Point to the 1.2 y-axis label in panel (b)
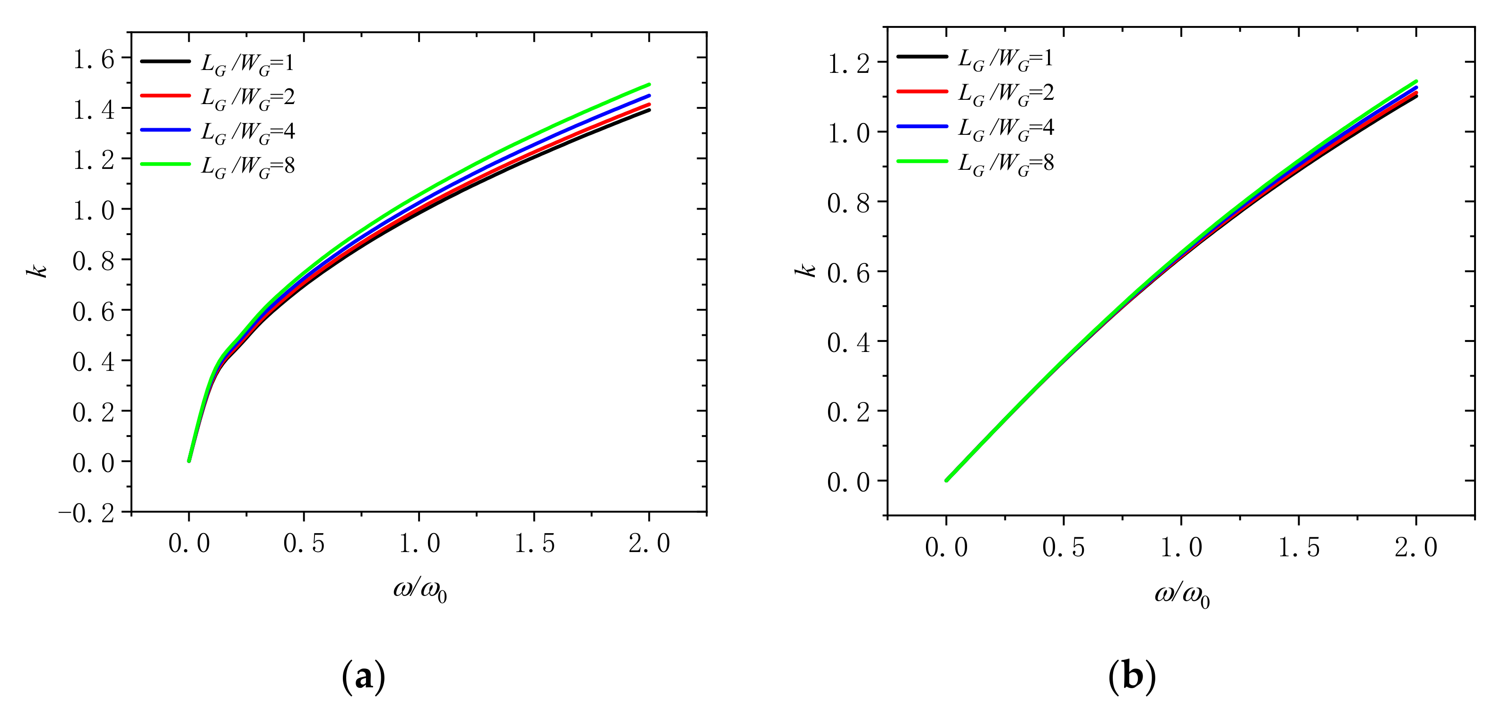pos(848,63)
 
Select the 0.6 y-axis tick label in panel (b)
pos(848,273)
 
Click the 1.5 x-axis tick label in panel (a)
pos(534,544)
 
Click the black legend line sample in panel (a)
pos(166,61)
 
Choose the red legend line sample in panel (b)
pos(922,91)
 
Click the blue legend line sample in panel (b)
pos(922,126)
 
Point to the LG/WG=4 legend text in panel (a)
pos(248,132)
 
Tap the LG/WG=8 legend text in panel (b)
pos(1006,163)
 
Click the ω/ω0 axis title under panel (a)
pos(419,590)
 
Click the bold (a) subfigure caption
pos(364,677)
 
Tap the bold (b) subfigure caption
pos(1132,677)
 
